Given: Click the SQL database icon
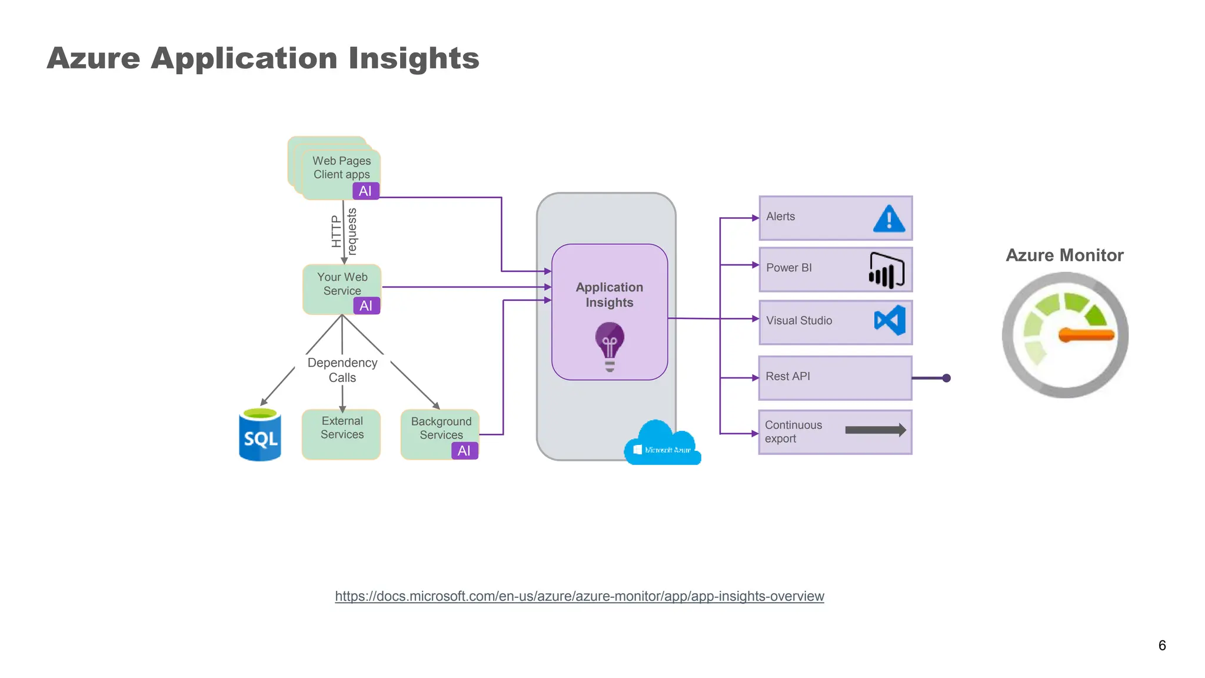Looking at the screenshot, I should [x=259, y=435].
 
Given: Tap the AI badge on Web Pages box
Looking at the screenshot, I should [x=365, y=191].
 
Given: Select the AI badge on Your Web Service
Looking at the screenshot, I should [x=366, y=305].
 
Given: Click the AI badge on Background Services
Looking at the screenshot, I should [x=464, y=450].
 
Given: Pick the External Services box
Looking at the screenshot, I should [x=341, y=434].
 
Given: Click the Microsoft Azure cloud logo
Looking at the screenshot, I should [x=663, y=445].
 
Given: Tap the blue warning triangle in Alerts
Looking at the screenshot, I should [x=889, y=218].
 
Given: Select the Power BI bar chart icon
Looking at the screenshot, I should [x=886, y=271].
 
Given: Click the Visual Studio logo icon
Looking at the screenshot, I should [x=890, y=321].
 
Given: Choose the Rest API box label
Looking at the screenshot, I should [x=788, y=376].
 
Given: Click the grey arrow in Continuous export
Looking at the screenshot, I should [x=875, y=430].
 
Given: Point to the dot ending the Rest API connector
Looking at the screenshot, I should [x=946, y=378].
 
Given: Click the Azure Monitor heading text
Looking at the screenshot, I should [x=1064, y=255].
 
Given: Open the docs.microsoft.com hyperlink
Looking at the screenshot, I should [x=579, y=596].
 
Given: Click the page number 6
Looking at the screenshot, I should [x=1161, y=645].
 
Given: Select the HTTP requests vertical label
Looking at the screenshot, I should [x=344, y=231].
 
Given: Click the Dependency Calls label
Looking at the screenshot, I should [x=342, y=370].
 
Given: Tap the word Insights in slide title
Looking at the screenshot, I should [x=414, y=58].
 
